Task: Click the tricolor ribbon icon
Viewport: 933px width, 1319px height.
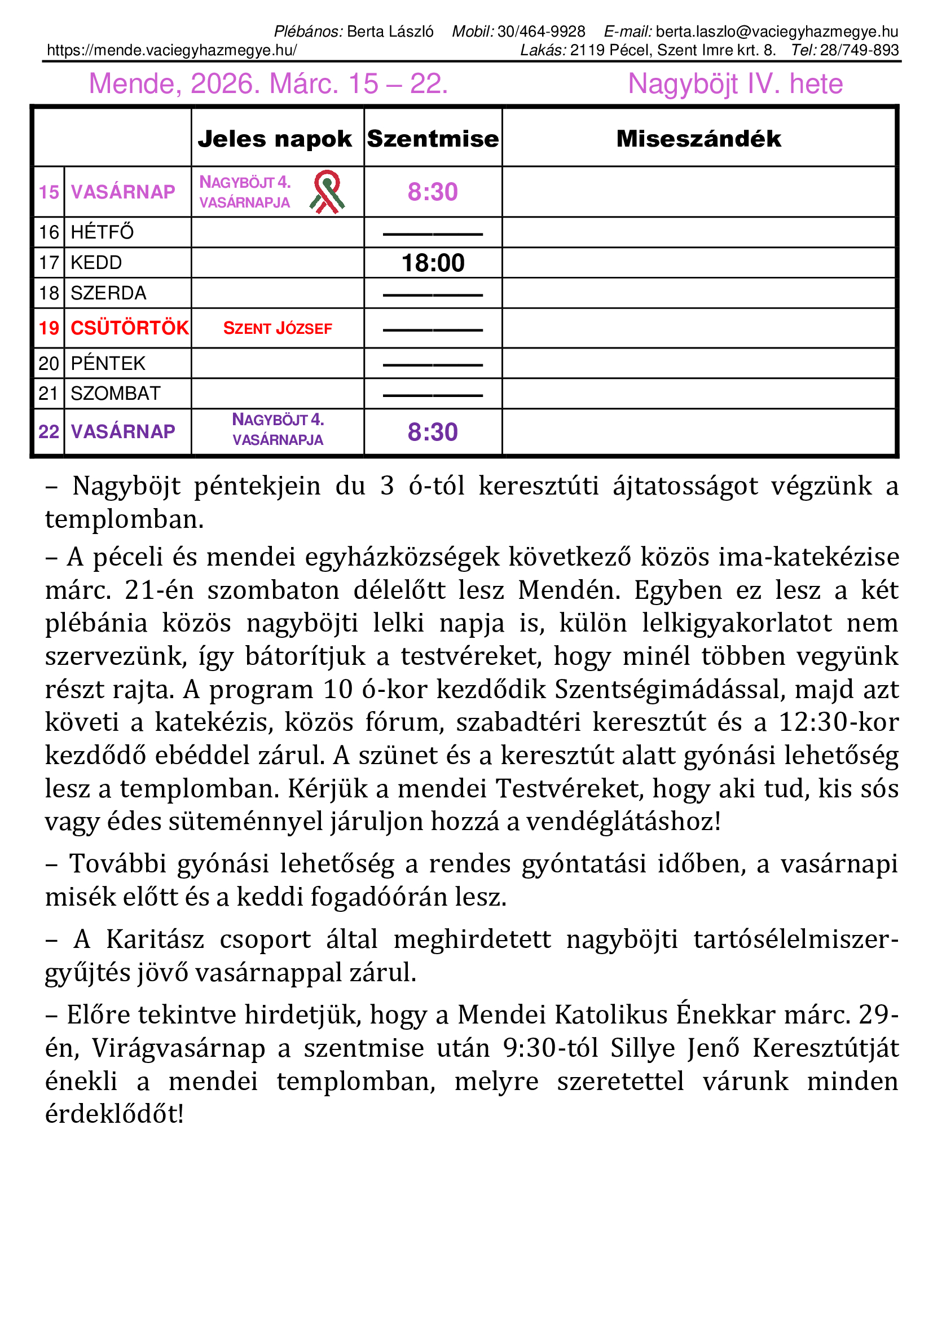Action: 327,192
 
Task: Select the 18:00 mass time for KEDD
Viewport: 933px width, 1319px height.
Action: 433,263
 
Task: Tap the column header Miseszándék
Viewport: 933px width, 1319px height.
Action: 698,139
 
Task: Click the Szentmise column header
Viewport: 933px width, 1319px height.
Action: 433,139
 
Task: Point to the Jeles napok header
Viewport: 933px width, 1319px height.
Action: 275,139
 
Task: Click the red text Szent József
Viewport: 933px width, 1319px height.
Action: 278,329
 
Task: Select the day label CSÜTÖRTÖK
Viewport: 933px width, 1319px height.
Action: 129,328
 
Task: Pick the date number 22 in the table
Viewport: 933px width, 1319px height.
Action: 49,431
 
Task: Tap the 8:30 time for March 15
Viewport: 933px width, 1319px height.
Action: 433,192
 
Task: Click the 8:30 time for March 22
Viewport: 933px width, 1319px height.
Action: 433,432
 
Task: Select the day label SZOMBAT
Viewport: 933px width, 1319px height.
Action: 116,394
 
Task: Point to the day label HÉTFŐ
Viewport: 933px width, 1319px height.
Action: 102,232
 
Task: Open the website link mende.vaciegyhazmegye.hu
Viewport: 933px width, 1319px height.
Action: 172,51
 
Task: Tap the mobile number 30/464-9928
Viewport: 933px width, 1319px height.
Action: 541,32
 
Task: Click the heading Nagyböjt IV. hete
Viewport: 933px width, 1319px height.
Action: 736,84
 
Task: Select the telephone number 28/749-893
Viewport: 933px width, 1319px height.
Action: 860,51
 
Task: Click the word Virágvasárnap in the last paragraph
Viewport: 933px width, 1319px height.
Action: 179,1048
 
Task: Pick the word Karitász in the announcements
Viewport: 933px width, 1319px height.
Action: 155,939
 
